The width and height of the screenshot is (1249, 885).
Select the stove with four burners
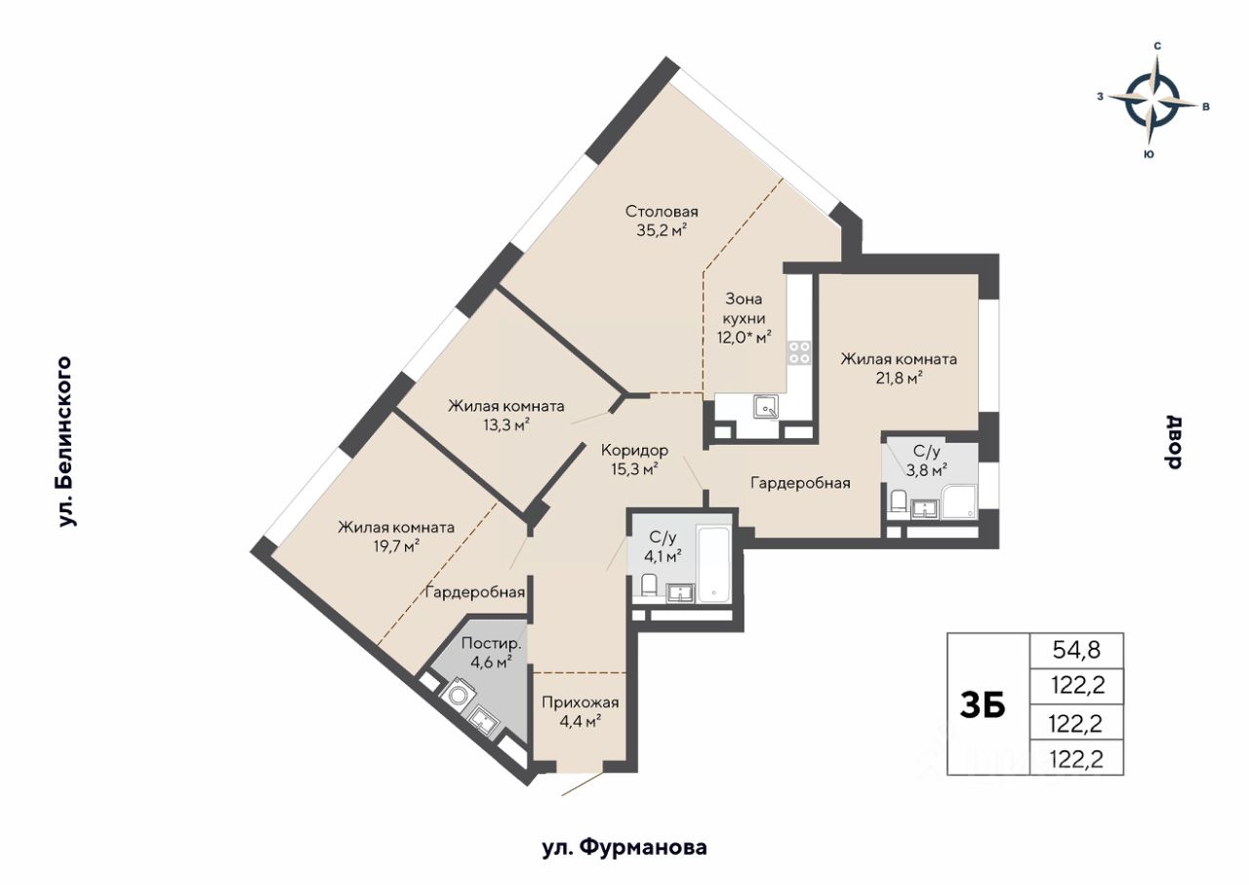point(799,352)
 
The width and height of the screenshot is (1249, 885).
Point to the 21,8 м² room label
point(899,368)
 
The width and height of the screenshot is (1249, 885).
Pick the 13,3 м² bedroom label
point(506,416)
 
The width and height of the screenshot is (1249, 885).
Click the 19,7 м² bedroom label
point(396,537)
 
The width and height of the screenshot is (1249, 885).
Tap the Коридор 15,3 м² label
point(634,460)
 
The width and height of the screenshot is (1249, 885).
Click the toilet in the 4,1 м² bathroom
point(648,586)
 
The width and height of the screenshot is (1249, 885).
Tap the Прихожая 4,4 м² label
point(581,711)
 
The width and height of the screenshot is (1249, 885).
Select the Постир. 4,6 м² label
point(491,653)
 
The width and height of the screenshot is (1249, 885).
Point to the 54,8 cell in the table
point(1076,650)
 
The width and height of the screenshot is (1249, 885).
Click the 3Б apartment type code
point(983,704)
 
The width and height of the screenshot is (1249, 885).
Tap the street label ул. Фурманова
point(624,848)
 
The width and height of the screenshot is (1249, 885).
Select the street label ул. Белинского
point(65,442)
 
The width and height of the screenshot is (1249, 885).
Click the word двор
point(1173,443)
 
